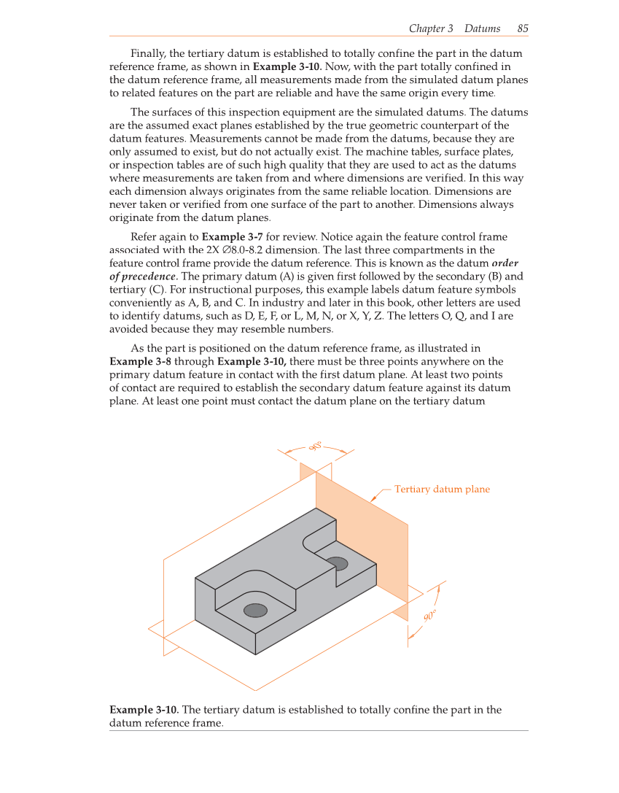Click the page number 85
tap(523, 28)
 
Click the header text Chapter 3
tap(431, 28)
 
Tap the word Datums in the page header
tap(482, 28)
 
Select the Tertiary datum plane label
tap(442, 489)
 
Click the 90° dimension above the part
tap(316, 447)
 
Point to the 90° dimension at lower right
tap(429, 616)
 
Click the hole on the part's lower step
tap(255, 610)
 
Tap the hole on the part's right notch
tap(337, 563)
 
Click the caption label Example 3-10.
tap(143, 710)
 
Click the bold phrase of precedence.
tap(142, 276)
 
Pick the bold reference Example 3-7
tap(232, 237)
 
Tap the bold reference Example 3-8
tap(140, 362)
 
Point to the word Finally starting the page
tap(149, 54)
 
